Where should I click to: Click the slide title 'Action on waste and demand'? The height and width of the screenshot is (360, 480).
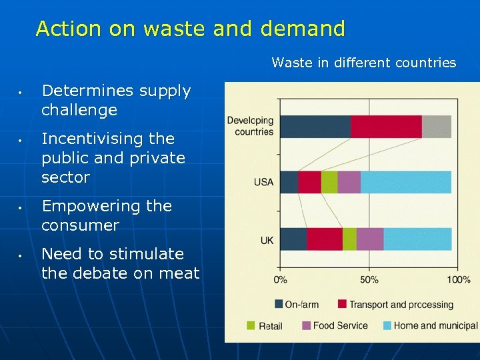(x=191, y=29)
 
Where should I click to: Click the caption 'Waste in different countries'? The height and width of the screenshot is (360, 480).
(x=363, y=63)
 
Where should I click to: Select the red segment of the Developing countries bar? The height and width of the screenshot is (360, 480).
(x=386, y=127)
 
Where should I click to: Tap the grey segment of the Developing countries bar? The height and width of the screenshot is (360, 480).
(x=436, y=127)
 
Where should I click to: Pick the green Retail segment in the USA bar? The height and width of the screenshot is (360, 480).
(x=329, y=182)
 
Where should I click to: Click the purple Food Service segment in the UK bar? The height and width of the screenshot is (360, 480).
(x=370, y=239)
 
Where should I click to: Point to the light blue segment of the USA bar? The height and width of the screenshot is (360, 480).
(x=405, y=182)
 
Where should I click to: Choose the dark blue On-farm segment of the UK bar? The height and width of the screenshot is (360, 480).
(x=293, y=239)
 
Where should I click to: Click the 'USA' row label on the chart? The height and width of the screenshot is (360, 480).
(x=263, y=182)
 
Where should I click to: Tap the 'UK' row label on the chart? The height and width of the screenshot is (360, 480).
(x=267, y=239)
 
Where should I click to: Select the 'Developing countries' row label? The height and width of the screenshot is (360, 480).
(x=250, y=126)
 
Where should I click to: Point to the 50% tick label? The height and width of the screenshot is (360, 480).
(x=369, y=279)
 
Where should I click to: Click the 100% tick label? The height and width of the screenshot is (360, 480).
(x=459, y=279)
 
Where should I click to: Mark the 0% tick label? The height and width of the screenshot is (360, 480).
(x=281, y=279)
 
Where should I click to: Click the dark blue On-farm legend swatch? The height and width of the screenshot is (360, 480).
(x=279, y=304)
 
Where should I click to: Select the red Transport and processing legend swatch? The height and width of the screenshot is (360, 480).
(x=342, y=304)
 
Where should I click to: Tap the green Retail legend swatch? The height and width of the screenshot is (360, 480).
(x=251, y=325)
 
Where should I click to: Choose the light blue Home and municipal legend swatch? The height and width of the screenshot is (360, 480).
(x=387, y=325)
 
